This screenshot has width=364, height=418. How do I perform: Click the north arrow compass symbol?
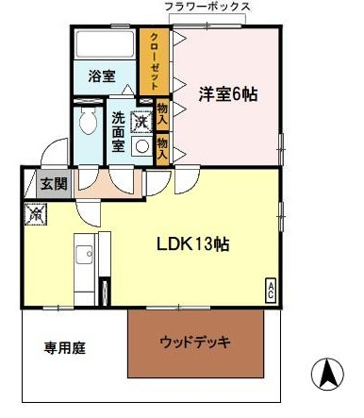(327, 375)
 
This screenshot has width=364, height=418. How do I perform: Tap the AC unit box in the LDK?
(271, 291)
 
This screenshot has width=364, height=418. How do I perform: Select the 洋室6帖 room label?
(228, 94)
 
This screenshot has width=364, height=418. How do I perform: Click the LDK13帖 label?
(193, 244)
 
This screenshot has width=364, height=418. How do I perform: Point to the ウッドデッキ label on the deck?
(195, 342)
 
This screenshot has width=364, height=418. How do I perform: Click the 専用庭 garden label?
(64, 348)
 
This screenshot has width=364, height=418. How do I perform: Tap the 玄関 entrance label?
(55, 184)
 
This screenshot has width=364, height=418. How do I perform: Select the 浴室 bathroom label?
(102, 76)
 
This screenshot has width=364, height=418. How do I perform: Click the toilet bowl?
(88, 121)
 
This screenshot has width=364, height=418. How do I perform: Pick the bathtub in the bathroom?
(106, 44)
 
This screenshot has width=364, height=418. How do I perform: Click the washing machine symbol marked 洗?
(141, 122)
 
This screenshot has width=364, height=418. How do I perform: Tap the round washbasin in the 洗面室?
(142, 146)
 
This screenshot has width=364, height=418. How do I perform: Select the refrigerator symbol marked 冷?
(36, 214)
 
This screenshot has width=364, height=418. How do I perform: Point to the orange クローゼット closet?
(155, 61)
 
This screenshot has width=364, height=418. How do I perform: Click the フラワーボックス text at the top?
(207, 7)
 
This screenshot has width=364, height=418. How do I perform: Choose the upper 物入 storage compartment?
(162, 115)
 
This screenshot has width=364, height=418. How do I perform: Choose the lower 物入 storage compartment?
(162, 149)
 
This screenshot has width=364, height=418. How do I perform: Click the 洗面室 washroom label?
(118, 132)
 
